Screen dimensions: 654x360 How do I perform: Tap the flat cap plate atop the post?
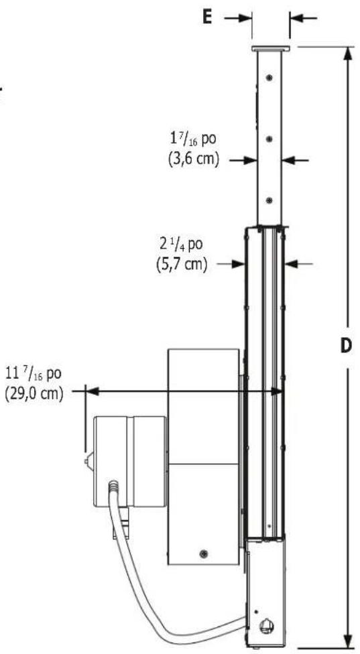tap(269, 49)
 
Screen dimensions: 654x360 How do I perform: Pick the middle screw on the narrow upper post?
tap(269, 139)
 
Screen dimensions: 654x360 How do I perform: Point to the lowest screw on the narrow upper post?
tap(269, 200)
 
